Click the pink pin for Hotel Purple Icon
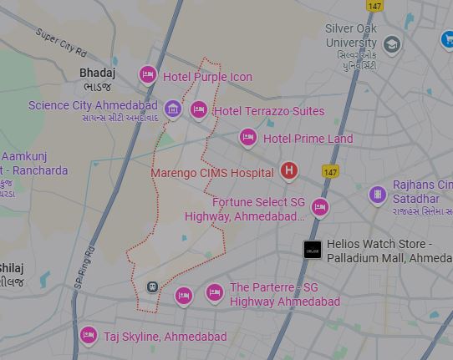tap(148, 75)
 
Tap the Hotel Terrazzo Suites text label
tap(269, 111)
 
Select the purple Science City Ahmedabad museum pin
tap(173, 109)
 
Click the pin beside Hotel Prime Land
tap(248, 137)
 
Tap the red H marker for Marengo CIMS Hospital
tap(289, 171)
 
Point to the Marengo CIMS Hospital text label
tap(211, 173)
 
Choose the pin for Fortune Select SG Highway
tap(319, 206)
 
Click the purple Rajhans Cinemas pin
tap(378, 195)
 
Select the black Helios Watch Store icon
tap(312, 249)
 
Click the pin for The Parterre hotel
tap(215, 292)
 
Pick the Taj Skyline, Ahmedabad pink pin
tap(89, 335)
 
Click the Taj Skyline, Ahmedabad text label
tap(165, 337)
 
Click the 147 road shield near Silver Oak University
tap(374, 6)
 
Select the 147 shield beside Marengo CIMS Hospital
tap(330, 172)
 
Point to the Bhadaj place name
tap(97, 73)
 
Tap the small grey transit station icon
tap(152, 286)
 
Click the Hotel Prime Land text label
tap(308, 139)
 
